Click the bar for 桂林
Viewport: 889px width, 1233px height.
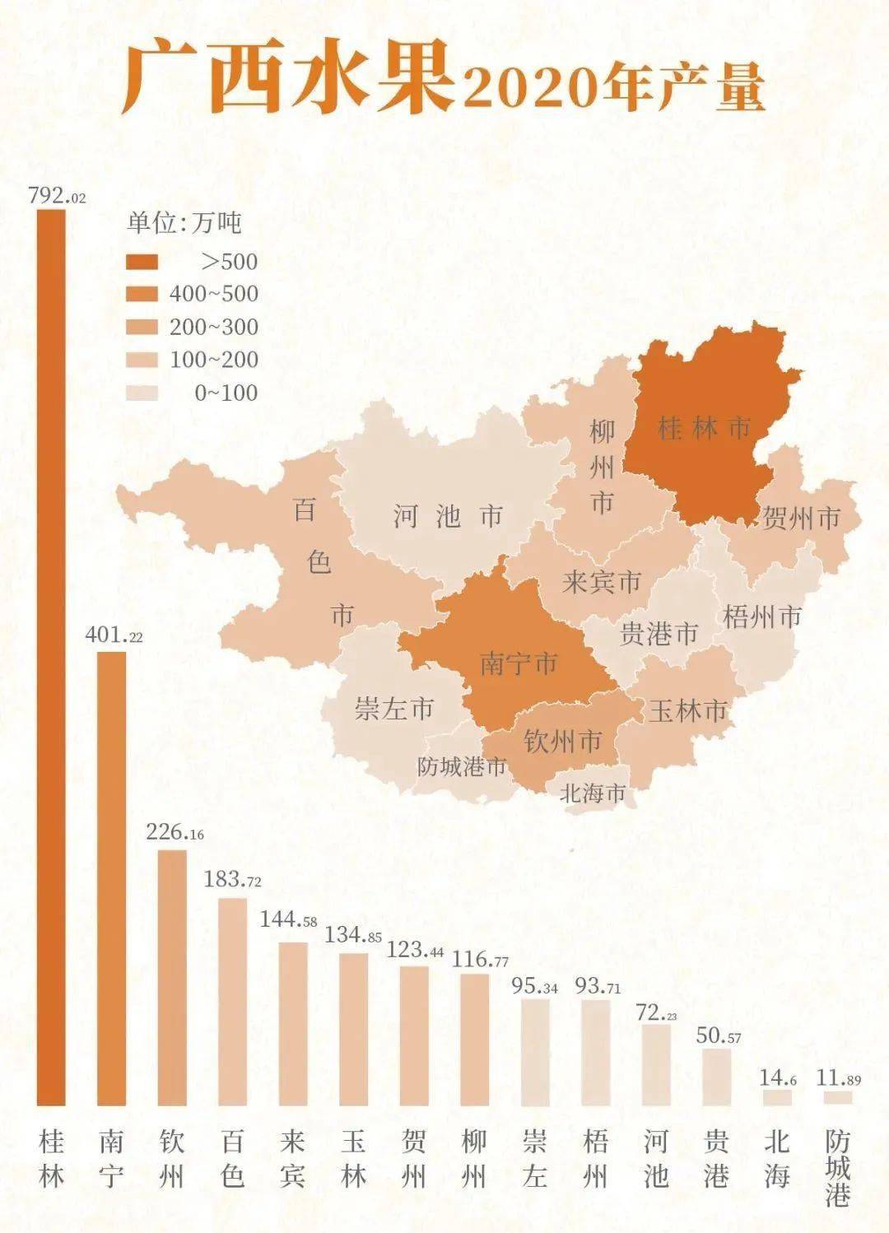point(51,658)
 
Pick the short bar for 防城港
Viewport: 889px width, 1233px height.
point(838,1098)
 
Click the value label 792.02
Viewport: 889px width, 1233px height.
point(56,197)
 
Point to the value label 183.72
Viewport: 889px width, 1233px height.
point(232,880)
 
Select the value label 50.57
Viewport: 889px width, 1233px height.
point(718,1035)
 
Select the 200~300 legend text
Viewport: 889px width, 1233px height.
point(213,327)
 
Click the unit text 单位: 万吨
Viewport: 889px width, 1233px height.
point(184,222)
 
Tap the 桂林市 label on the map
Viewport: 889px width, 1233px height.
point(705,428)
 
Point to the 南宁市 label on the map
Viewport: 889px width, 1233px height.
point(519,663)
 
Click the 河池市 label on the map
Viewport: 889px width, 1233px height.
point(447,517)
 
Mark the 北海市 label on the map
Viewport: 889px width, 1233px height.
point(592,793)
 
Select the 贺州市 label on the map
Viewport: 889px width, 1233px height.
point(801,519)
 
